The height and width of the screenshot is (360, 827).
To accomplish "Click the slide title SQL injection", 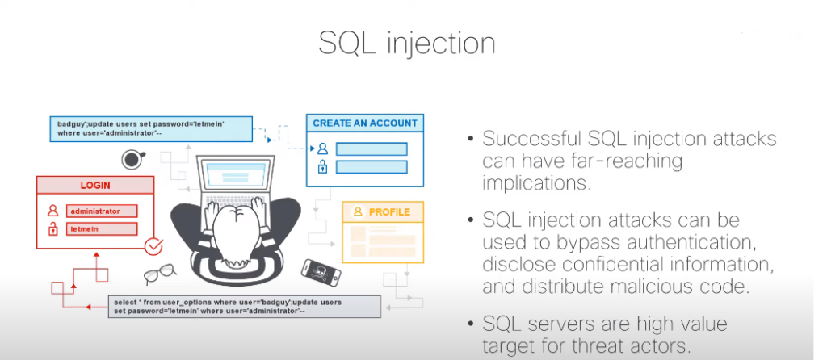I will click(407, 44).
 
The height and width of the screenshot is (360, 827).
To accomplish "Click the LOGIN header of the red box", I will click(95, 185).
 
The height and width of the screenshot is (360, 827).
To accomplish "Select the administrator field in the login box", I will click(102, 211).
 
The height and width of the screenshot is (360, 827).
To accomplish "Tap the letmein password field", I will click(102, 230).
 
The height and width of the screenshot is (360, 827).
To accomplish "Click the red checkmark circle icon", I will click(153, 247).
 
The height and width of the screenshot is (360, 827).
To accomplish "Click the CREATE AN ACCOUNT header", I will click(364, 123).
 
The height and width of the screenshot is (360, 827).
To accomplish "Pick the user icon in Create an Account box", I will click(322, 149).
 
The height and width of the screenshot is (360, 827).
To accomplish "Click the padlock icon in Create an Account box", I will click(322, 167).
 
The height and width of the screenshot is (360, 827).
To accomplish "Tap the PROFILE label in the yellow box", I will click(389, 212).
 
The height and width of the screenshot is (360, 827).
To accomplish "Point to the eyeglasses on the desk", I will click(159, 274).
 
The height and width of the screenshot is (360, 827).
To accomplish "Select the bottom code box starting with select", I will click(245, 306).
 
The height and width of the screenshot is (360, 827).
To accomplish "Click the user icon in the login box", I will click(53, 211).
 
